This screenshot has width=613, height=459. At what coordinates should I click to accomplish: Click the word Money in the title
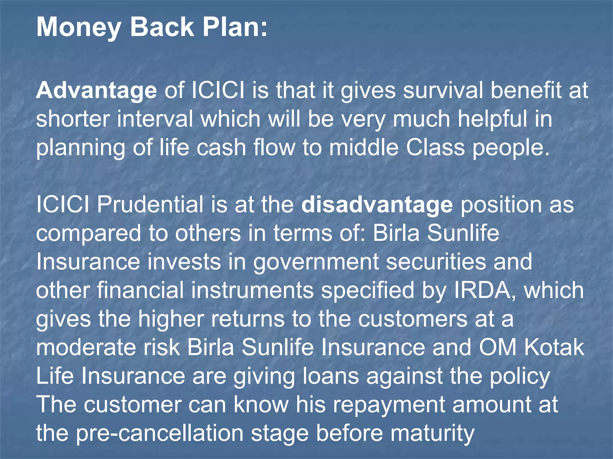click(x=78, y=27)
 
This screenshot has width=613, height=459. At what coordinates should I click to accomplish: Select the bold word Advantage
click(x=96, y=91)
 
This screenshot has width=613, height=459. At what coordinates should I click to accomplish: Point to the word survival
click(x=443, y=91)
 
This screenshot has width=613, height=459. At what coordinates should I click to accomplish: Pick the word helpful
click(x=492, y=119)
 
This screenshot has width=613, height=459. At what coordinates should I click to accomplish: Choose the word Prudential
click(x=150, y=205)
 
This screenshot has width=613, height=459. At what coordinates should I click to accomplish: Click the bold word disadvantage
click(x=377, y=205)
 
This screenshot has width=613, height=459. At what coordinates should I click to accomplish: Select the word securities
click(x=436, y=262)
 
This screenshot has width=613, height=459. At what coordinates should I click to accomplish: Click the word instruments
click(x=252, y=290)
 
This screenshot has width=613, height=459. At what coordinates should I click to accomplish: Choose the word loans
click(x=331, y=376)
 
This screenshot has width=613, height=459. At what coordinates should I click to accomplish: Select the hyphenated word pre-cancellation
click(x=160, y=434)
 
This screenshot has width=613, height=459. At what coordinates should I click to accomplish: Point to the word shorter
click(x=73, y=119)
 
